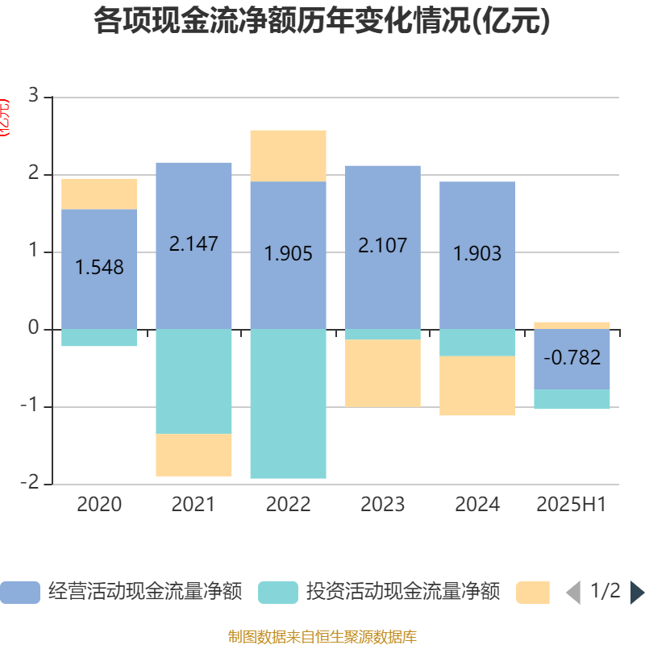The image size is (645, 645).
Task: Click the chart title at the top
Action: click(x=322, y=22)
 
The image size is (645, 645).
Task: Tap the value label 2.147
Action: click(x=193, y=243)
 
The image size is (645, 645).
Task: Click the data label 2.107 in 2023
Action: click(x=382, y=245)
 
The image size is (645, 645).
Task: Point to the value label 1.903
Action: click(x=477, y=254)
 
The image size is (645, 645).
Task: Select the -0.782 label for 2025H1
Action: click(x=572, y=357)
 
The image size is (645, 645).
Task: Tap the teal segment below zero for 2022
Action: click(x=288, y=403)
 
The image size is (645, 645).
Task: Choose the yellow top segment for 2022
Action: click(x=288, y=156)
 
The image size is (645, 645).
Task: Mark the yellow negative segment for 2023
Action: click(x=382, y=373)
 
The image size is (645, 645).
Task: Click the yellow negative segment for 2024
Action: click(x=477, y=386)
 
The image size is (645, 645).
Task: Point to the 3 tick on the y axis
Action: click(x=33, y=97)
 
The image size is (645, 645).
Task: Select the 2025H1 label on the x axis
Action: click(x=572, y=505)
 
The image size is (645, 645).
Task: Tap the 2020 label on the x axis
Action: click(x=99, y=505)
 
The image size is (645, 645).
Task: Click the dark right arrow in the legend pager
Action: click(x=636, y=593)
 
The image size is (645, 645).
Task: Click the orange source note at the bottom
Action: click(x=322, y=637)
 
